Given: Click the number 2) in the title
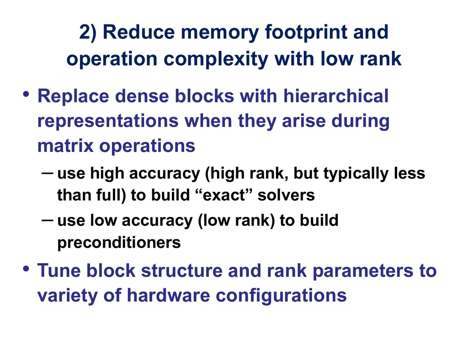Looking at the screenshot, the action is click(88, 32).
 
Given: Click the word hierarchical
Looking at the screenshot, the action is click(336, 96).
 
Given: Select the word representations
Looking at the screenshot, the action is click(108, 121).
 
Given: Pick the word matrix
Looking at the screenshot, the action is click(66, 146).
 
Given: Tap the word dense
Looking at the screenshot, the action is click(142, 96).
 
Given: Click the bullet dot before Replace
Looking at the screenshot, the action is click(26, 94).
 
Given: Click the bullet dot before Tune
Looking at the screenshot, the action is click(26, 269).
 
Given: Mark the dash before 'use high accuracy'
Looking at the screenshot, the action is click(48, 173).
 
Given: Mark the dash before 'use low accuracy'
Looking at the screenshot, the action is click(48, 220).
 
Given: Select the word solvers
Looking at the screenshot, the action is click(286, 195).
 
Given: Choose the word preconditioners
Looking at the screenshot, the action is click(119, 243).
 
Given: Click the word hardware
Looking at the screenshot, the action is click(168, 295).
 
